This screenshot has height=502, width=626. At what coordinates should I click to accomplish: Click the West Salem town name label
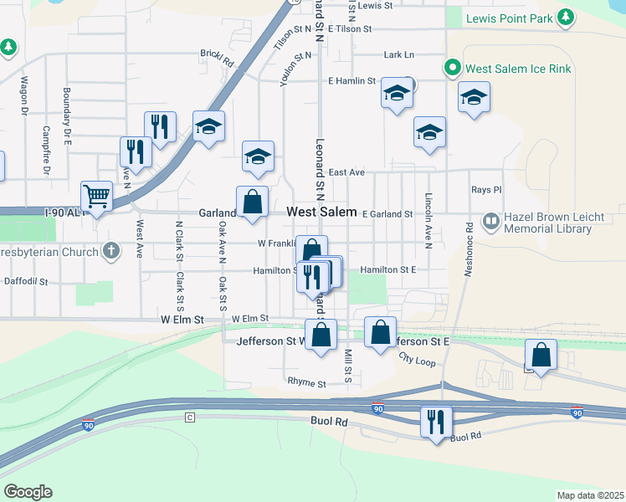pyautogui.click(x=321, y=213)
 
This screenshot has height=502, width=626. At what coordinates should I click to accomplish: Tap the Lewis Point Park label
pyautogui.click(x=509, y=17)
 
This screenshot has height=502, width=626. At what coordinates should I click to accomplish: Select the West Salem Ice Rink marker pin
pyautogui.click(x=453, y=67)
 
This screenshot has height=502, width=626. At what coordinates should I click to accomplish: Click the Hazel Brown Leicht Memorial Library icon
pyautogui.click(x=491, y=222)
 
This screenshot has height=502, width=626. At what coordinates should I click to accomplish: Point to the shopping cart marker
pyautogui.click(x=97, y=197)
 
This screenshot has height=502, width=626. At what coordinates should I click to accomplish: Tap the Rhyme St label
pyautogui.click(x=306, y=383)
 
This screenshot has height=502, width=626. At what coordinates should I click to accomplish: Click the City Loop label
pyautogui.click(x=417, y=361)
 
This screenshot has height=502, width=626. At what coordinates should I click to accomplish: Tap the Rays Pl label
pyautogui.click(x=485, y=190)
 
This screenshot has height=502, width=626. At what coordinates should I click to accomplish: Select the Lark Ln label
pyautogui.click(x=398, y=54)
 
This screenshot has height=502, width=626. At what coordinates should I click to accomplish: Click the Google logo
pyautogui.click(x=28, y=492)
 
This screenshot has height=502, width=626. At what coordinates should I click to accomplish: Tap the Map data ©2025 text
pyautogui.click(x=589, y=495)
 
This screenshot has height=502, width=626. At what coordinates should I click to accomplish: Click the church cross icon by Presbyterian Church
pyautogui.click(x=111, y=249)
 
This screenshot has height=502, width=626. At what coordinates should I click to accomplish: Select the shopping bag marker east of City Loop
pyautogui.click(x=541, y=355)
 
